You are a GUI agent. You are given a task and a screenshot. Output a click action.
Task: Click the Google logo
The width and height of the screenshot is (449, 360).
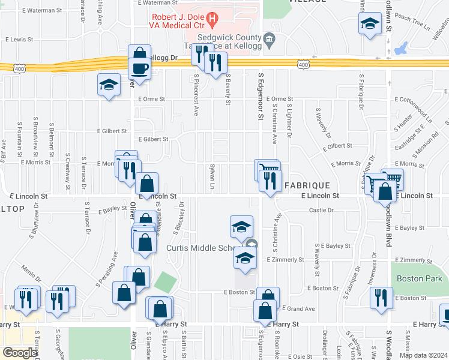[x=20, y=352]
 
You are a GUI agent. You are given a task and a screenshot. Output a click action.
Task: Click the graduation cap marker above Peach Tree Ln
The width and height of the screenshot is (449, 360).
[x=370, y=25]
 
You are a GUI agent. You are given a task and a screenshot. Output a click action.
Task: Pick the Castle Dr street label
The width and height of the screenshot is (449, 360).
[x=321, y=210]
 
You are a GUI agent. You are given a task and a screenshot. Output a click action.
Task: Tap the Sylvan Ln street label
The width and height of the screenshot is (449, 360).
[x=212, y=173]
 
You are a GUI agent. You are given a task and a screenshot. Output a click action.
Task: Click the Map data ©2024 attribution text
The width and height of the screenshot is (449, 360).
[x=423, y=355]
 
